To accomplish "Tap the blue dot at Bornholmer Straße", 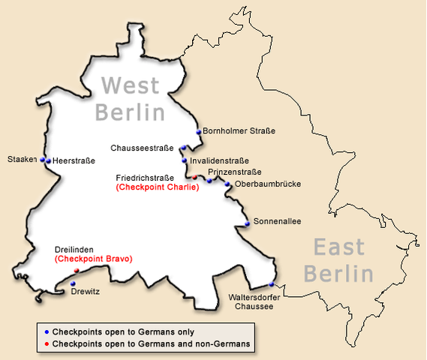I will pos(199,132).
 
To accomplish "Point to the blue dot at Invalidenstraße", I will pos(185,160).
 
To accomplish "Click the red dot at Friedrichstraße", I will pos(194,178).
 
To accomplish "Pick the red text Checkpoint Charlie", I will pos(158,187).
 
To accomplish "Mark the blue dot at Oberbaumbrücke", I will pos(227,184).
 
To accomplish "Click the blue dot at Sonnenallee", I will pos(247,223).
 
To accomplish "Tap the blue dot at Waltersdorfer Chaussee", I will pos(272,284).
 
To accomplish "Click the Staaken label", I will pos(22,160).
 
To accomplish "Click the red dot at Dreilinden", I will pos(76,271).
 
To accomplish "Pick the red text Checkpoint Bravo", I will pos(93,259).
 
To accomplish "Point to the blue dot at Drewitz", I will pos(72,283).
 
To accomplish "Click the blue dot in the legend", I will pos(47,331).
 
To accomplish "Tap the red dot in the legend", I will pos(47,343).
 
